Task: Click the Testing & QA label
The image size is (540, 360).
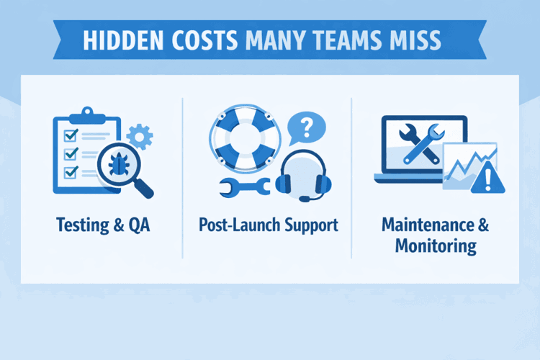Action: [102, 225]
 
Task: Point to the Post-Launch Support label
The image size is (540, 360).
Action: [268, 225]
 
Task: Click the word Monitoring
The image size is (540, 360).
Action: [436, 246]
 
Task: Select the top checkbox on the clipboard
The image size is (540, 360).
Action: [71, 135]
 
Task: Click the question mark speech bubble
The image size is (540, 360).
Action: [305, 130]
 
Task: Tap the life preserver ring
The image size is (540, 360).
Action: [243, 137]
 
